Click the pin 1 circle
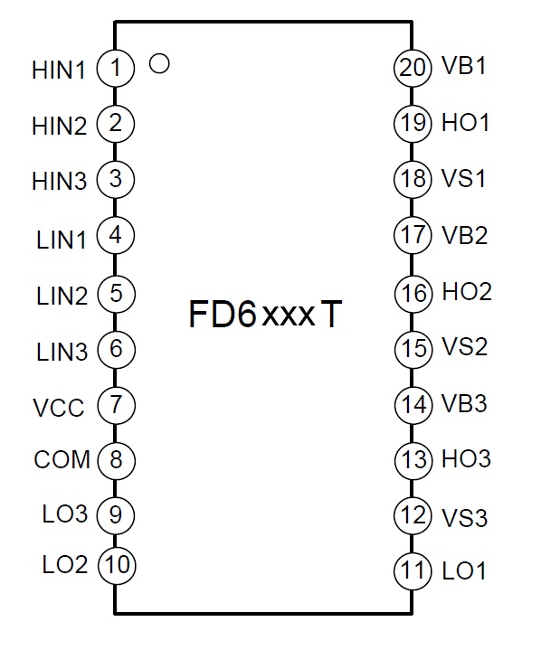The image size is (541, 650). (x=116, y=68)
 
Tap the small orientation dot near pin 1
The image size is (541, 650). (x=159, y=64)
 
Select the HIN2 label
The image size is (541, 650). (x=60, y=126)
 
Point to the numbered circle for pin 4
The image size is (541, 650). (x=116, y=235)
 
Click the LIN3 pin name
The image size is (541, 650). (x=62, y=353)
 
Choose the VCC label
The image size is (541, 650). (x=59, y=408)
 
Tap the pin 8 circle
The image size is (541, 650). (x=116, y=460)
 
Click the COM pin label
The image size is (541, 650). (x=62, y=460)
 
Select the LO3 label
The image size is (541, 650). (x=65, y=514)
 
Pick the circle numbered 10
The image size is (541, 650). (x=117, y=565)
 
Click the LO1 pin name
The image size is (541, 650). (x=464, y=571)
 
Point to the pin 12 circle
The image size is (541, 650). (x=413, y=515)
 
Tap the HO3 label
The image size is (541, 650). (x=466, y=459)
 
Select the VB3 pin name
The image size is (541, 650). (x=464, y=403)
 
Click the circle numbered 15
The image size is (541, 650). (x=413, y=348)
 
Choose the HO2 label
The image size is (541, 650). (x=467, y=292)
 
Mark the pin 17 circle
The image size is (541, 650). (x=413, y=235)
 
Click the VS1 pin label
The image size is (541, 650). (x=463, y=179)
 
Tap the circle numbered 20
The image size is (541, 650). (x=413, y=68)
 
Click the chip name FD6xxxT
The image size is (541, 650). (x=266, y=315)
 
